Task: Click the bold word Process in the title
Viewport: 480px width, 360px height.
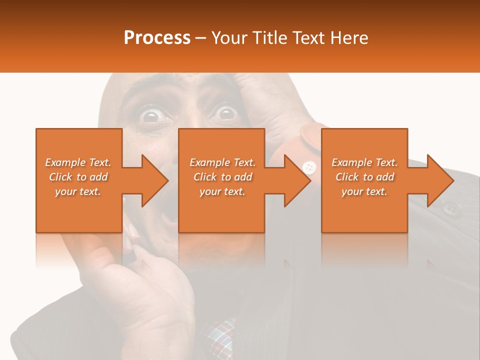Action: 157,38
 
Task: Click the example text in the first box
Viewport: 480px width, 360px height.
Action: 78,177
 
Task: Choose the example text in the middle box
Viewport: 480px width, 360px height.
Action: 222,177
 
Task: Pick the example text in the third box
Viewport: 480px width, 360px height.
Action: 364,177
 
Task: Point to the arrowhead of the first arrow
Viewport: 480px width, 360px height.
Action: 154,180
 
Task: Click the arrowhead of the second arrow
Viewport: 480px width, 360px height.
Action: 297,180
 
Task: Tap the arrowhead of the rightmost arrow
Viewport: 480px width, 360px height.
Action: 439,180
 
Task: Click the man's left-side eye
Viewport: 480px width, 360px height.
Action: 149,116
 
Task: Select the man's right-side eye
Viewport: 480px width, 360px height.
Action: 226,113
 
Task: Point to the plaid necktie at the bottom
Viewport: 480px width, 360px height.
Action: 220,334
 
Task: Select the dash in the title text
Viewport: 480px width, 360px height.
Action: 201,38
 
